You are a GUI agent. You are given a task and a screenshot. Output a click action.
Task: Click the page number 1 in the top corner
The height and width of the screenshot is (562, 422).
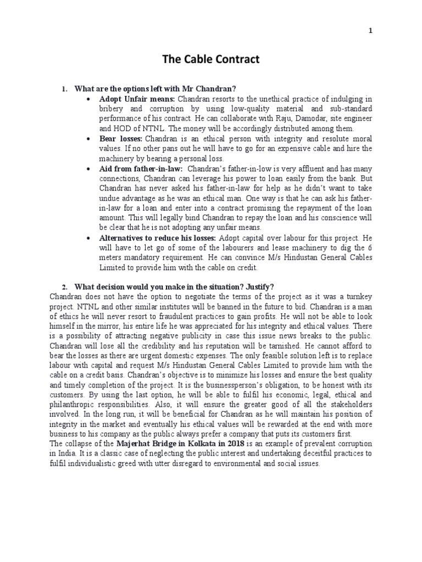click(370, 31)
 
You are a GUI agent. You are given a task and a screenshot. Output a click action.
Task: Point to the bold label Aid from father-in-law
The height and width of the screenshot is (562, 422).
click(135, 168)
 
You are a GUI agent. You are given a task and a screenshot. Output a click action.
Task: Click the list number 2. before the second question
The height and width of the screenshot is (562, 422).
click(64, 287)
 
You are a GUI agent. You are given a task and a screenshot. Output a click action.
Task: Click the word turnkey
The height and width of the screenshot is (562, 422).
click(359, 297)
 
